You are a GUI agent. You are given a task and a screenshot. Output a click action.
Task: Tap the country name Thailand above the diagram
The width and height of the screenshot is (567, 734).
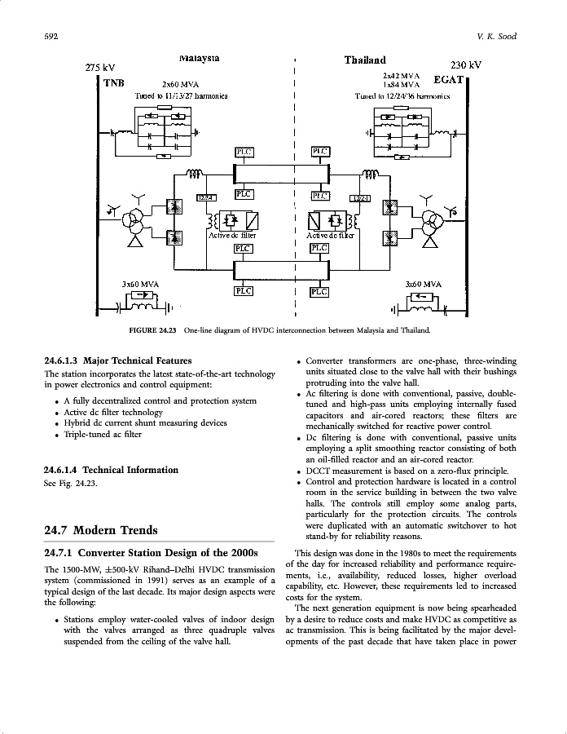pos(365,60)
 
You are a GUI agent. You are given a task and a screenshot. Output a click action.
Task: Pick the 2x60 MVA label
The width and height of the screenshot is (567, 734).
pos(181,84)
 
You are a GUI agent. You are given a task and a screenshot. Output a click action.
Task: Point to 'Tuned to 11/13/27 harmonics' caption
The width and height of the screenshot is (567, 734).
pos(181,95)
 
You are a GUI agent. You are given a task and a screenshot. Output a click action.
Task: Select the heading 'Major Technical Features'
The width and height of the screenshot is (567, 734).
pos(137,360)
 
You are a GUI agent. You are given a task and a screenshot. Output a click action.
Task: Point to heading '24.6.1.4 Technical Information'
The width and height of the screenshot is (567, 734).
pos(110,470)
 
